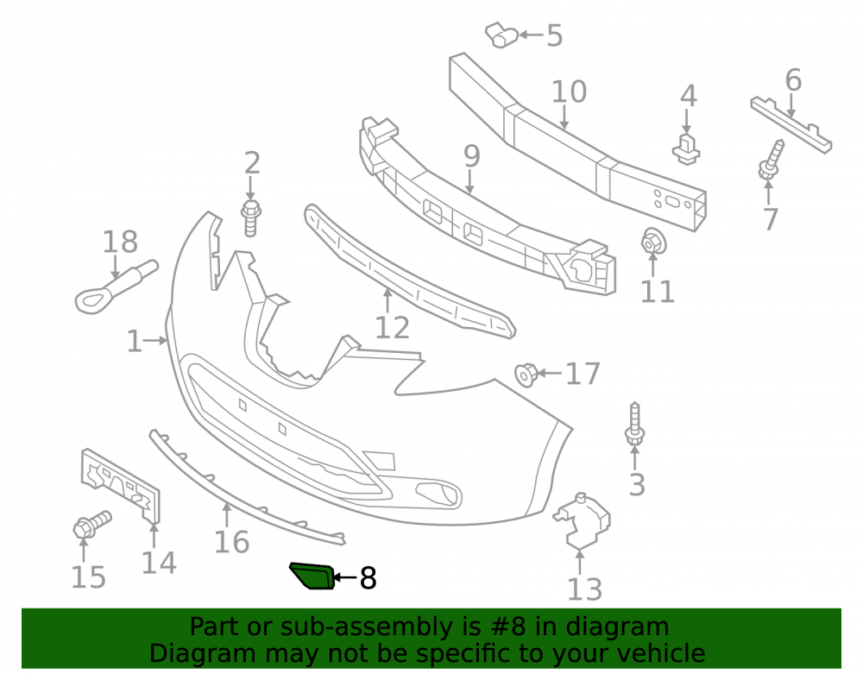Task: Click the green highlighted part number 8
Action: click(312, 576)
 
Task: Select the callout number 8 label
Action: click(369, 578)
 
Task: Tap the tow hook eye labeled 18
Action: click(116, 287)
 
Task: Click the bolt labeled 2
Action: click(251, 218)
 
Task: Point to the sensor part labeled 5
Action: click(501, 35)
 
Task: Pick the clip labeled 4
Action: click(686, 149)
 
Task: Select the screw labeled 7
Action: click(771, 161)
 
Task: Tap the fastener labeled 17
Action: click(526, 375)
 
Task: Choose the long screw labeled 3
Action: click(634, 424)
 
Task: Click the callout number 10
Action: click(569, 91)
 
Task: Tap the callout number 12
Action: click(393, 328)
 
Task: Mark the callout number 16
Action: click(231, 542)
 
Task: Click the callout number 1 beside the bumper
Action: click(135, 342)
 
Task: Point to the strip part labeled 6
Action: click(791, 125)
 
